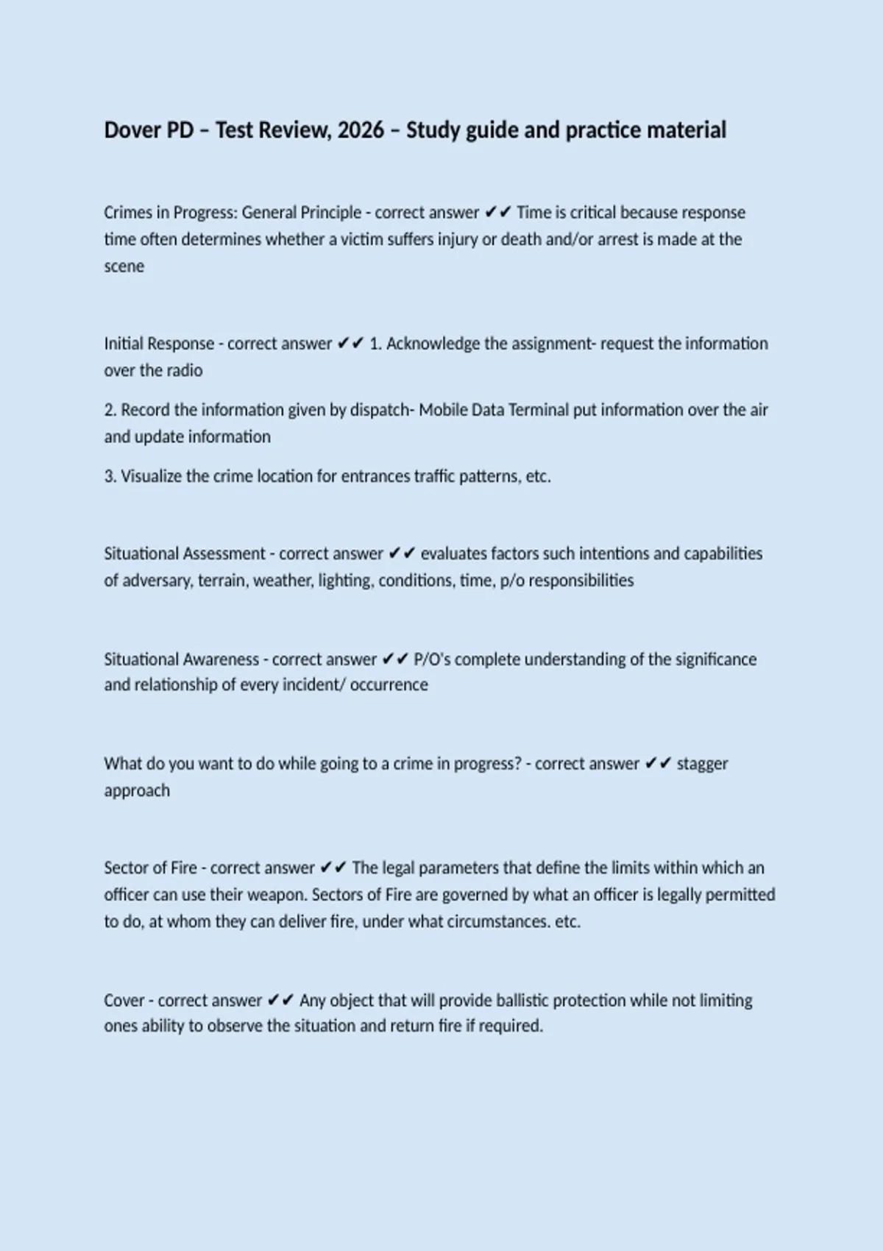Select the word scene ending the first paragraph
124,266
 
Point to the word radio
183,370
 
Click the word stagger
702,764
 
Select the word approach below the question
137,790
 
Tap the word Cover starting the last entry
124,1001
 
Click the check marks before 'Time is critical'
498,213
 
